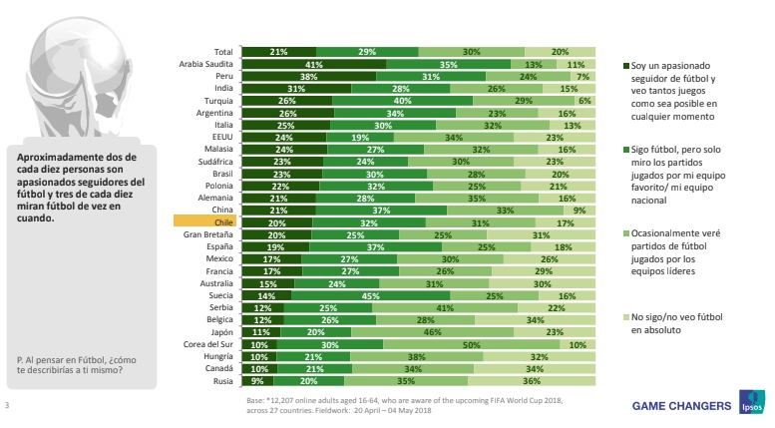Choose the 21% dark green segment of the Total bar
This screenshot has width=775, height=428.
[279, 51]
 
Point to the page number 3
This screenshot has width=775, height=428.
[7, 405]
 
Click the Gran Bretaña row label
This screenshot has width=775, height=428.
[210, 235]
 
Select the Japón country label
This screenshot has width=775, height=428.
[220, 333]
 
